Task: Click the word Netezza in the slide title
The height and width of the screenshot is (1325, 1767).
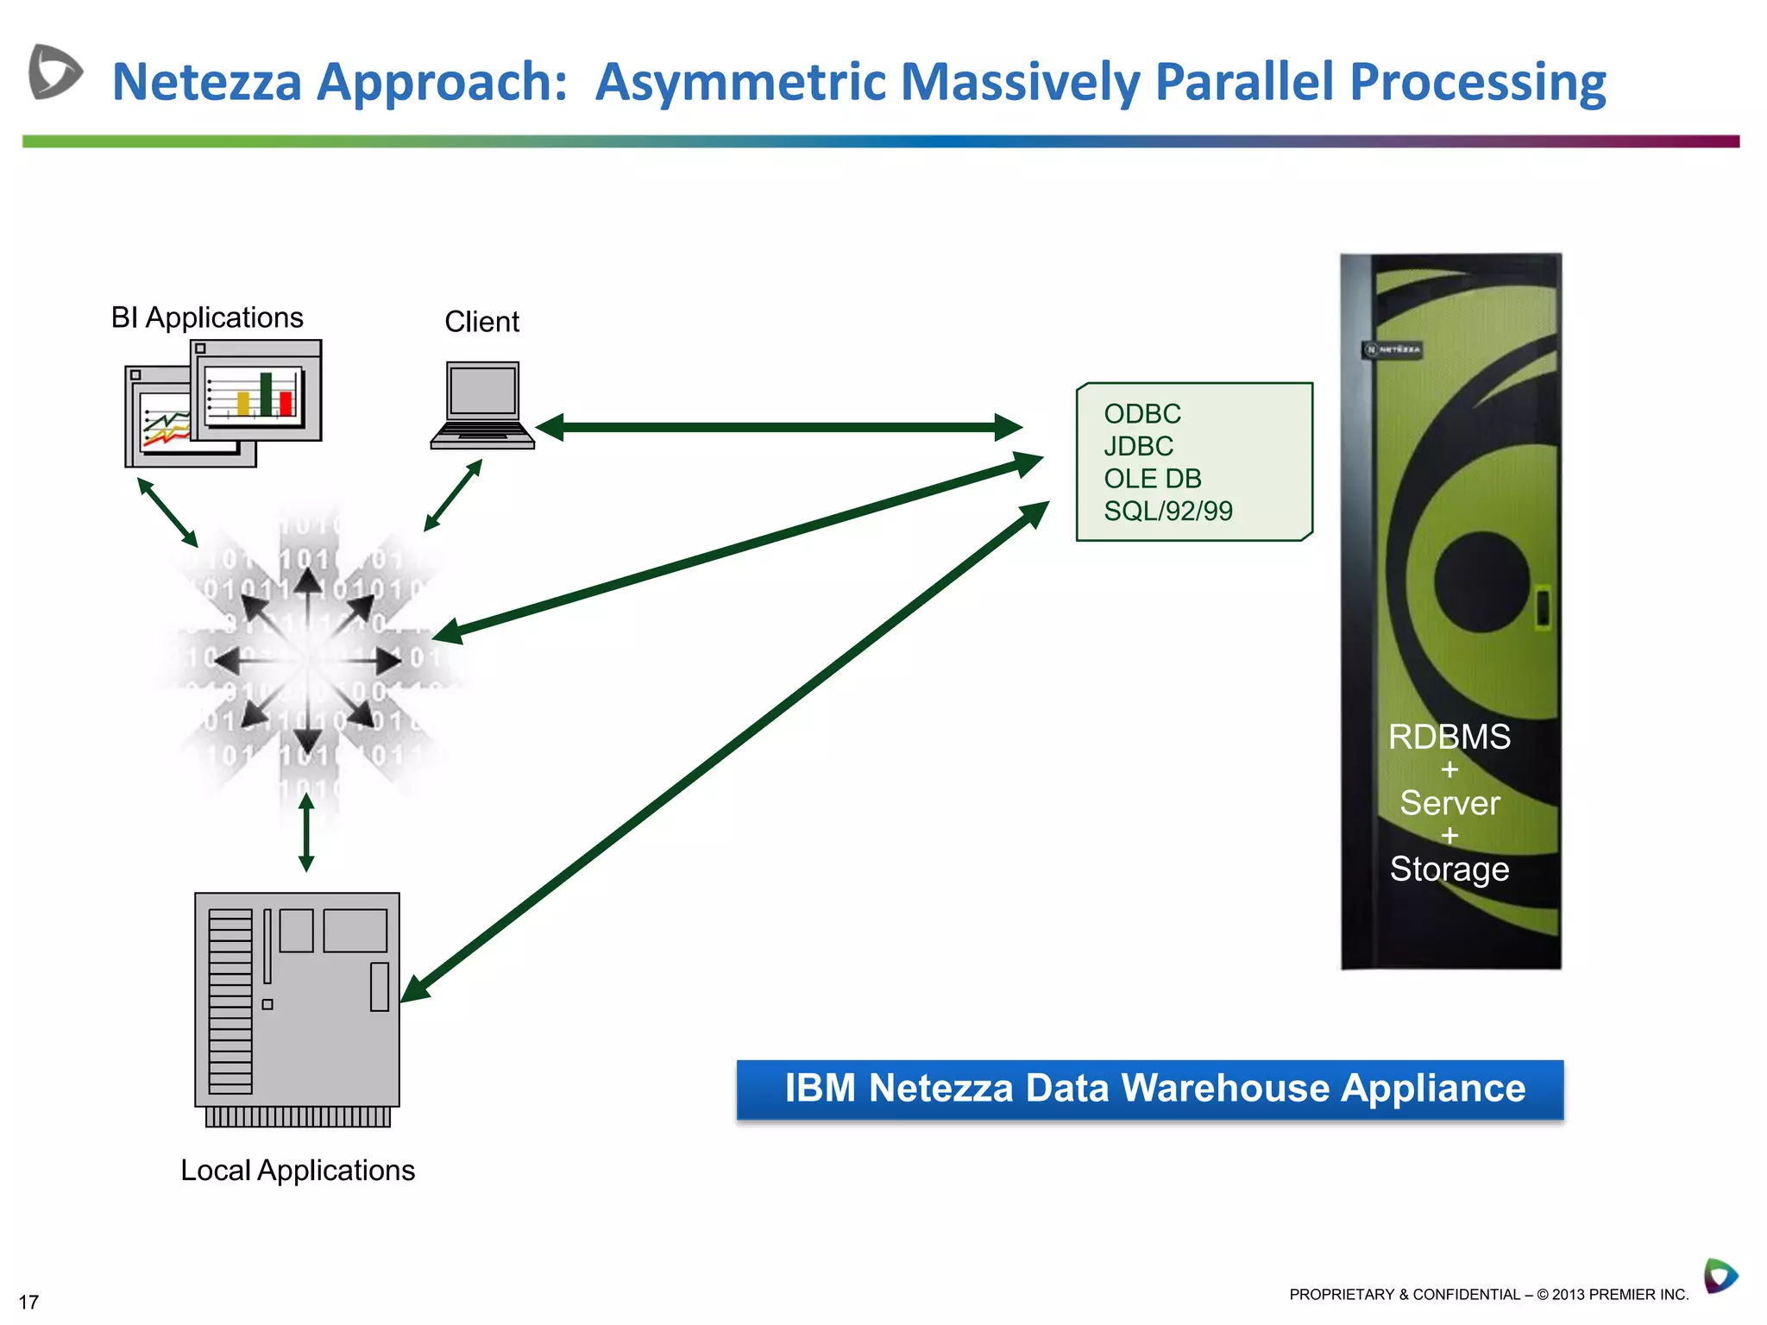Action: [x=207, y=82]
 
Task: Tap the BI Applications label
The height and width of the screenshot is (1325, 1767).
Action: [x=207, y=317]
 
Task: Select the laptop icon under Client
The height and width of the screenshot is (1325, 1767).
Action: [x=482, y=405]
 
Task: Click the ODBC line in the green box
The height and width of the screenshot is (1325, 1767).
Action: [x=1142, y=414]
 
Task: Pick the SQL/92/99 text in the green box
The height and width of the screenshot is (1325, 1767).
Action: [x=1168, y=512]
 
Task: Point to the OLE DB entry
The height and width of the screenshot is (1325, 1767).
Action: [x=1152, y=479]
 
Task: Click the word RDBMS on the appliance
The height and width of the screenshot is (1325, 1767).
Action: [x=1449, y=737]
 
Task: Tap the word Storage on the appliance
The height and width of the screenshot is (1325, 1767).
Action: [x=1449, y=869]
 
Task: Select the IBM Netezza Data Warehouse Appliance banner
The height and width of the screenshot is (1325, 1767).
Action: [x=1149, y=1089]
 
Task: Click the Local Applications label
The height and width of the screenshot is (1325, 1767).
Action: [x=298, y=1171]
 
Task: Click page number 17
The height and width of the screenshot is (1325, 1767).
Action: [x=28, y=1302]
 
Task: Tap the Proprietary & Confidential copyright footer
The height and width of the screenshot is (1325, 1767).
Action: [x=1488, y=1294]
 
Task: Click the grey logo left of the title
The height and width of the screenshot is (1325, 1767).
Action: [x=55, y=72]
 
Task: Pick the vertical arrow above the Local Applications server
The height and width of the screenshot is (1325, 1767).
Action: [x=306, y=832]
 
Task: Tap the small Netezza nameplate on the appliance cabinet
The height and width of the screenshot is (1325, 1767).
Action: [x=1393, y=349]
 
